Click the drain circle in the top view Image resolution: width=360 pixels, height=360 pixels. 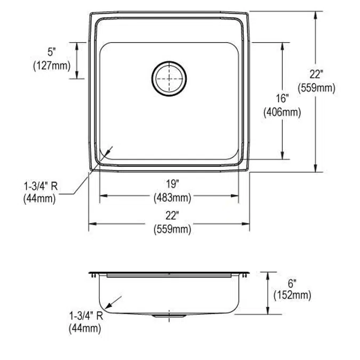point(169,78)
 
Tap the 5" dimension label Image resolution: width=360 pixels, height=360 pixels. point(51,52)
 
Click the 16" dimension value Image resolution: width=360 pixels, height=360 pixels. point(282,99)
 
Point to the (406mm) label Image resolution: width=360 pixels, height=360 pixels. point(282,112)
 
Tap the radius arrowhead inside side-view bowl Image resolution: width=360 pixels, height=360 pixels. point(108,306)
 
